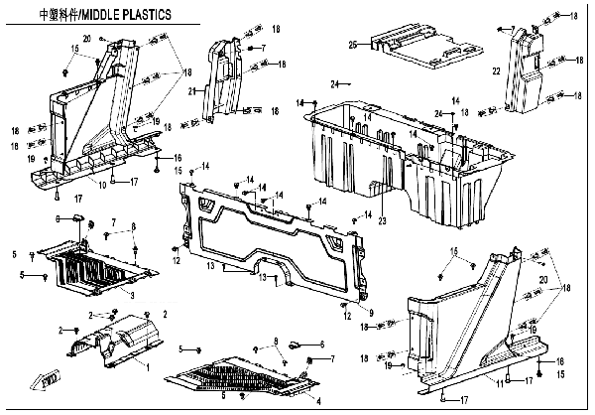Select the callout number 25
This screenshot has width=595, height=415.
tap(351, 45)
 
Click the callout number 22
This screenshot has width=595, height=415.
tap(496, 69)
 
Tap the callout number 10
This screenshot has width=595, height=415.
tap(101, 185)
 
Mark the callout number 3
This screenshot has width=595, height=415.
tap(134, 295)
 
